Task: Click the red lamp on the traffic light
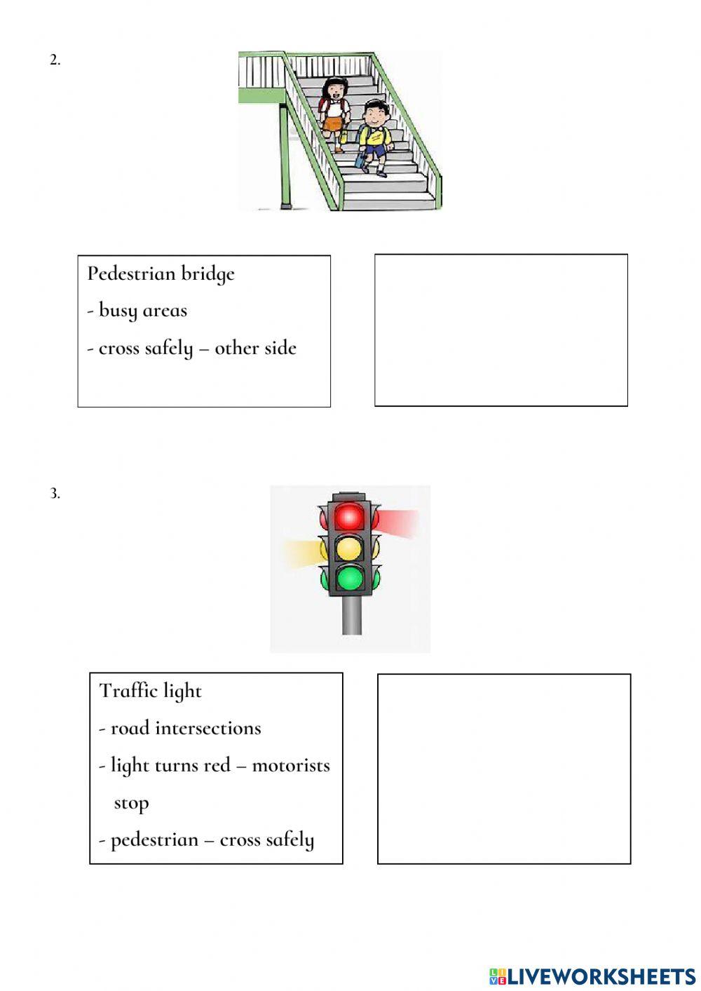[349, 516]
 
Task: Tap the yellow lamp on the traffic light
[349, 549]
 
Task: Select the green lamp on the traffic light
[349, 578]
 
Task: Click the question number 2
[55, 60]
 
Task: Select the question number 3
[55, 493]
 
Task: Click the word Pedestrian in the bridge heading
[131, 274]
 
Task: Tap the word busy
[118, 311]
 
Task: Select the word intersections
[208, 728]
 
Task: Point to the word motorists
[291, 767]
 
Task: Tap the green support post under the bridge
[285, 156]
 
